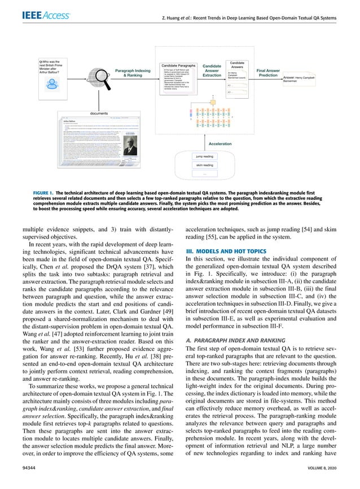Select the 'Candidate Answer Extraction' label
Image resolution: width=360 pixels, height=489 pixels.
pyautogui.click(x=212, y=71)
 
